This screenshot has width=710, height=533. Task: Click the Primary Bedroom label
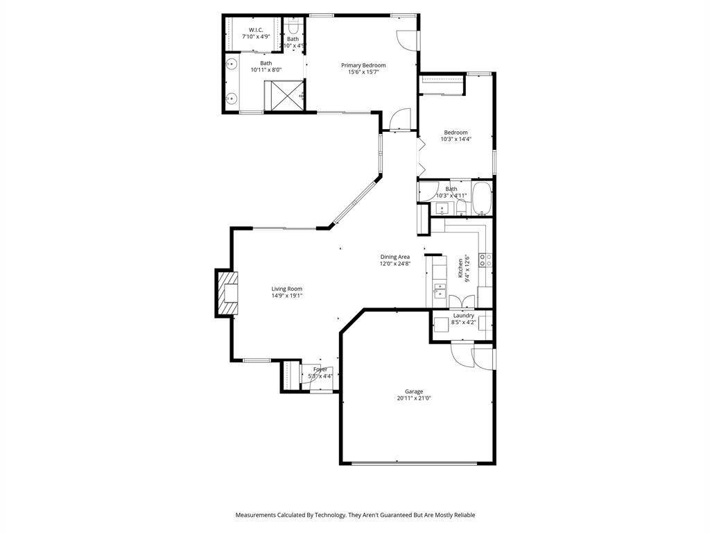pos(363,65)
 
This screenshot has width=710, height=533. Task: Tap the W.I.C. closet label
pos(256,30)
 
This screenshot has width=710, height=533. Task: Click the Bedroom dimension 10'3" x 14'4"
pos(456,139)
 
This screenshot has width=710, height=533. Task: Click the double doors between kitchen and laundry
pos(462,302)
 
